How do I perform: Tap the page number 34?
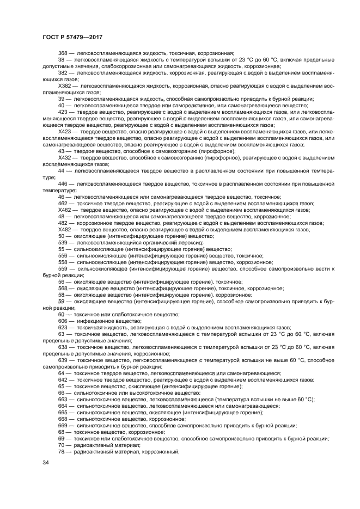point(46,462)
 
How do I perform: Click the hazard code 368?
point(63,53)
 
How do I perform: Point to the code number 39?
point(61,99)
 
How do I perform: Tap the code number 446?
point(63,183)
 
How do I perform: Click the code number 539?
point(63,242)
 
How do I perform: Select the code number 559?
point(63,268)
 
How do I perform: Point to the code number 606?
point(63,321)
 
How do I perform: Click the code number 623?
point(63,328)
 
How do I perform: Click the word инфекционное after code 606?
point(93,321)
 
